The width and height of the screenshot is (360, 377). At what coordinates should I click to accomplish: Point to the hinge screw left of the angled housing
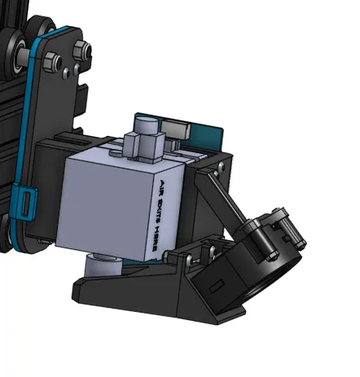pos(188,259)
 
